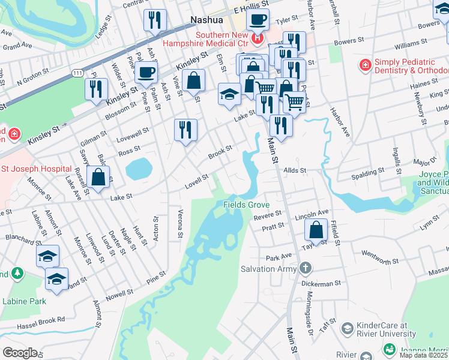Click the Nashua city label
click(x=206, y=20)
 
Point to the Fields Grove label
click(x=246, y=205)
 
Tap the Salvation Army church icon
click(x=306, y=268)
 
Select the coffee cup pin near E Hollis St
click(x=258, y=19)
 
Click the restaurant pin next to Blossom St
click(x=96, y=89)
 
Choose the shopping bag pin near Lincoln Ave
click(x=316, y=229)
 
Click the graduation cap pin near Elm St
click(x=229, y=94)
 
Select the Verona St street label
click(x=179, y=222)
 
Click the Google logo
click(x=20, y=353)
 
